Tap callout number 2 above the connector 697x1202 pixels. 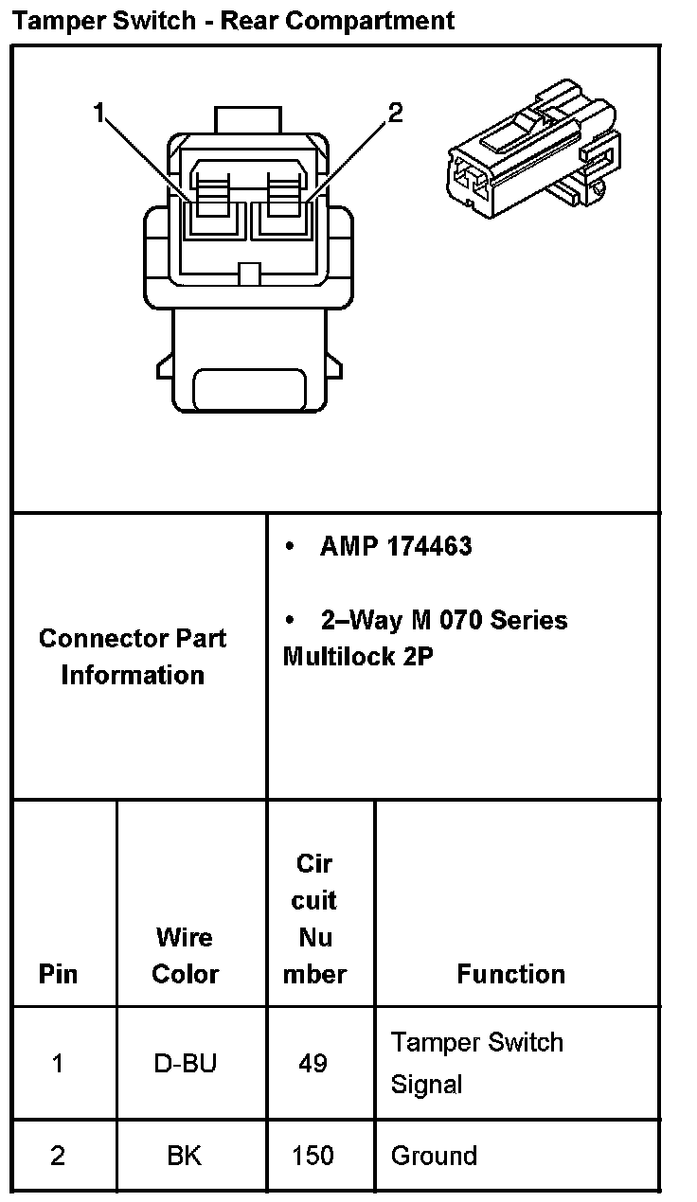click(396, 115)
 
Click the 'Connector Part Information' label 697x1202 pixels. click(133, 656)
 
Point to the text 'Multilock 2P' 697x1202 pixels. click(358, 657)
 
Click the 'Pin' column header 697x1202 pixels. click(58, 974)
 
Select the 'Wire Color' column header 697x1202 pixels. click(185, 955)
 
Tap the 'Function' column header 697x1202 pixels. click(510, 974)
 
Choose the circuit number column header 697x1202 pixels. click(314, 918)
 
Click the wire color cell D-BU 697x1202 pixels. click(185, 1064)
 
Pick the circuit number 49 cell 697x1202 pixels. click(313, 1064)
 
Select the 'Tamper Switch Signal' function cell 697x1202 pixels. click(476, 1063)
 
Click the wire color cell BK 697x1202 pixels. click(185, 1156)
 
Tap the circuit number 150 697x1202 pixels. click(313, 1156)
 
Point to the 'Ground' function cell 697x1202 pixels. click(434, 1156)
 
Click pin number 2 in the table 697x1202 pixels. click(58, 1156)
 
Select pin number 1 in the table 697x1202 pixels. click(58, 1064)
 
